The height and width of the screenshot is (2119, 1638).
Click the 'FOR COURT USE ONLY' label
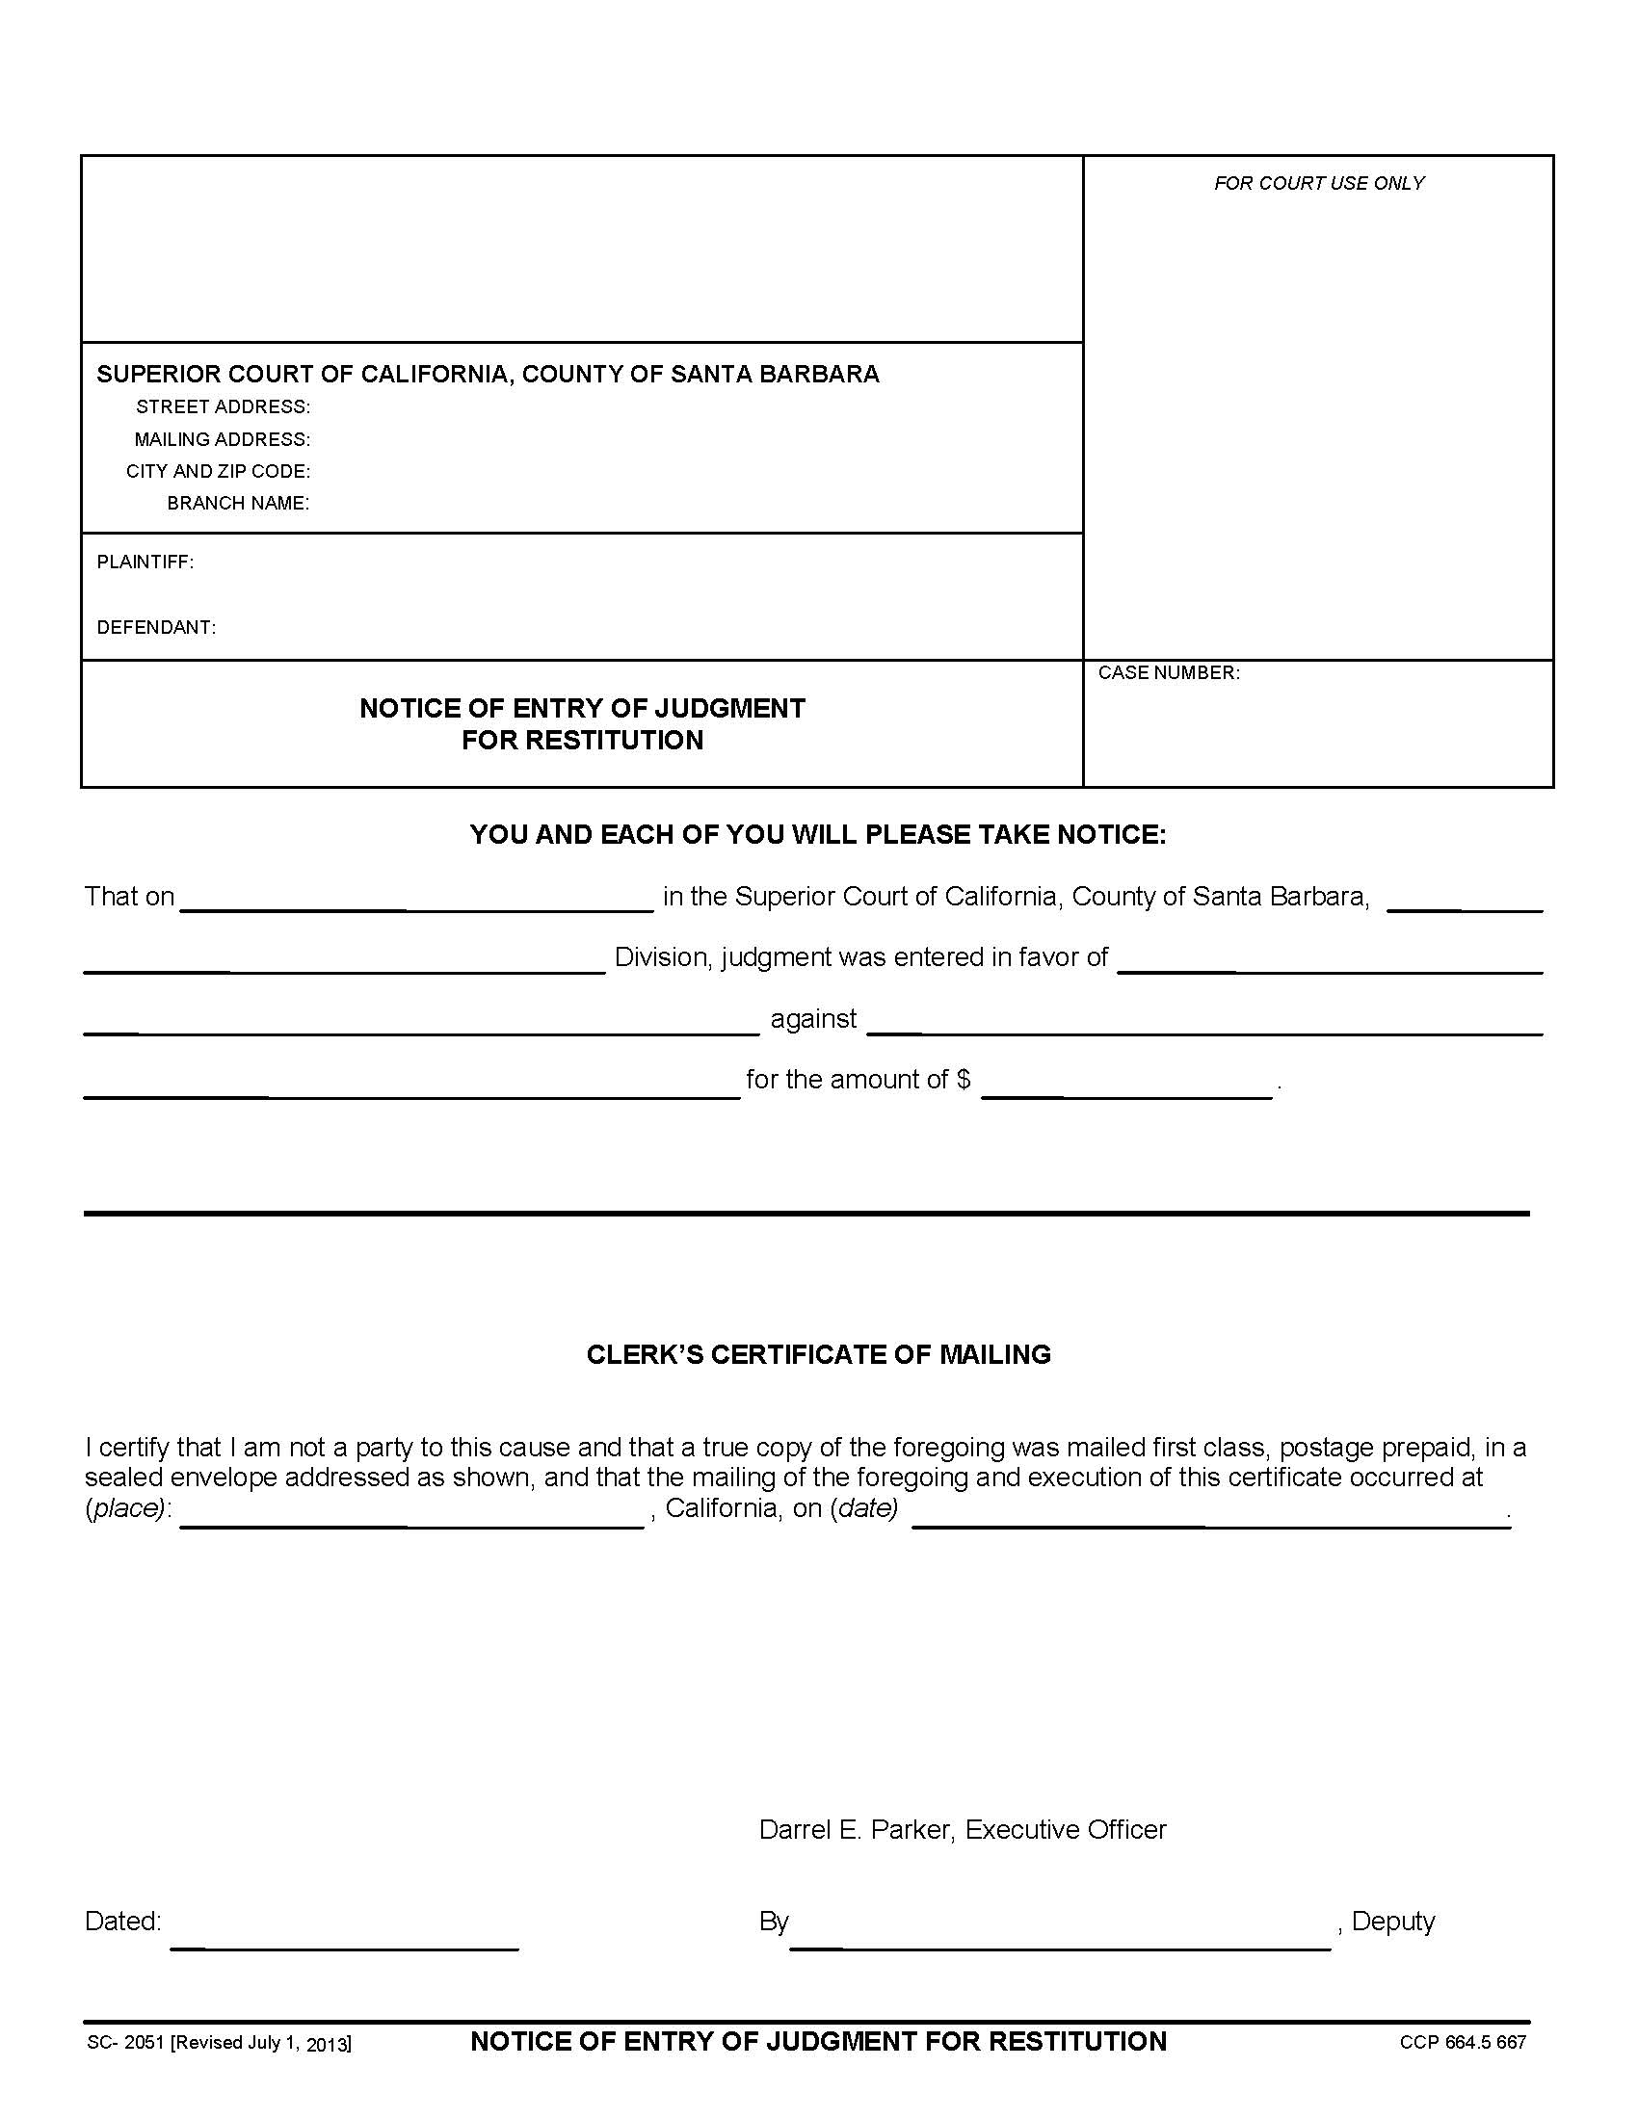[x=1319, y=183]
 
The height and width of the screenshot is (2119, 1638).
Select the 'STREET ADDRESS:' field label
[x=224, y=406]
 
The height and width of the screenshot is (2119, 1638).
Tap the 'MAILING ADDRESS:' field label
[x=223, y=439]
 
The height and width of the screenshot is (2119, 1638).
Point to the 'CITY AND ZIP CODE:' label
[x=219, y=472]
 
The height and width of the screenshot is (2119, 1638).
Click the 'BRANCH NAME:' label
[x=238, y=504]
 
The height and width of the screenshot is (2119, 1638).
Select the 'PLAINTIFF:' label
[x=145, y=562]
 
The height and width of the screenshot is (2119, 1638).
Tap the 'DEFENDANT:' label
[x=156, y=628]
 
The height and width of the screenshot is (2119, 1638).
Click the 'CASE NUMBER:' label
[x=1169, y=673]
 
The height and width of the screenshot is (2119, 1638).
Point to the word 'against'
[x=813, y=1019]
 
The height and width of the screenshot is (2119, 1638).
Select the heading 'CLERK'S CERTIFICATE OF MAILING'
[x=818, y=1354]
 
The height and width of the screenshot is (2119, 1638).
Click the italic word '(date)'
[x=863, y=1508]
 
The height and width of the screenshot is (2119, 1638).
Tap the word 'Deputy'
[x=1392, y=1923]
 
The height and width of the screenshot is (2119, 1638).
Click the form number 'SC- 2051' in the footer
[x=126, y=2042]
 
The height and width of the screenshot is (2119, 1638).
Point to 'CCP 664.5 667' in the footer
[x=1463, y=2042]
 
